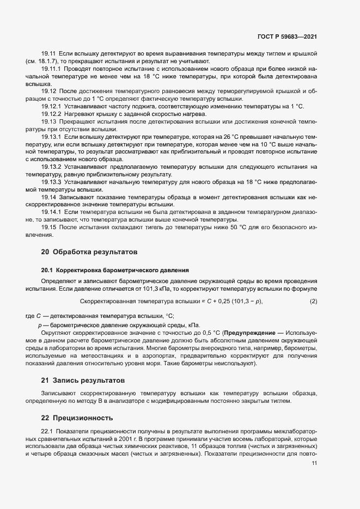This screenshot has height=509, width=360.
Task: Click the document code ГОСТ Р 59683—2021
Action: coord(287,37)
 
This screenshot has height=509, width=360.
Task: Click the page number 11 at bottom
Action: coord(314,463)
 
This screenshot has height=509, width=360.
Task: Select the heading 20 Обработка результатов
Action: coord(86,252)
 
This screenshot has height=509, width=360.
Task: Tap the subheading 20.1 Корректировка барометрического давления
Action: coord(114,269)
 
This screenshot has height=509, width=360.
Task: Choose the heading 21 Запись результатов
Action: coord(83,379)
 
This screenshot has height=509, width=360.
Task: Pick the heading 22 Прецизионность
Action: coord(77,418)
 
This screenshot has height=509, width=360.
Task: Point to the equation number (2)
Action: coord(313,301)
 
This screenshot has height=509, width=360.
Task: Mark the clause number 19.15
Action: coord(49,225)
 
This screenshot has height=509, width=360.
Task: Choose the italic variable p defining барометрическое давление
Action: coord(40,324)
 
